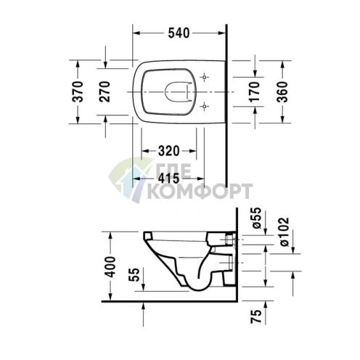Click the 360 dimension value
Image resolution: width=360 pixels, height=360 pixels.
click(283, 92)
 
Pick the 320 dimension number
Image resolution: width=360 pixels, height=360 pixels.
click(168, 152)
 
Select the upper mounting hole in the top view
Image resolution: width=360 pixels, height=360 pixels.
click(205, 77)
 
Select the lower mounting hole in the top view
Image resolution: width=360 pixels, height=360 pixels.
click(205, 107)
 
